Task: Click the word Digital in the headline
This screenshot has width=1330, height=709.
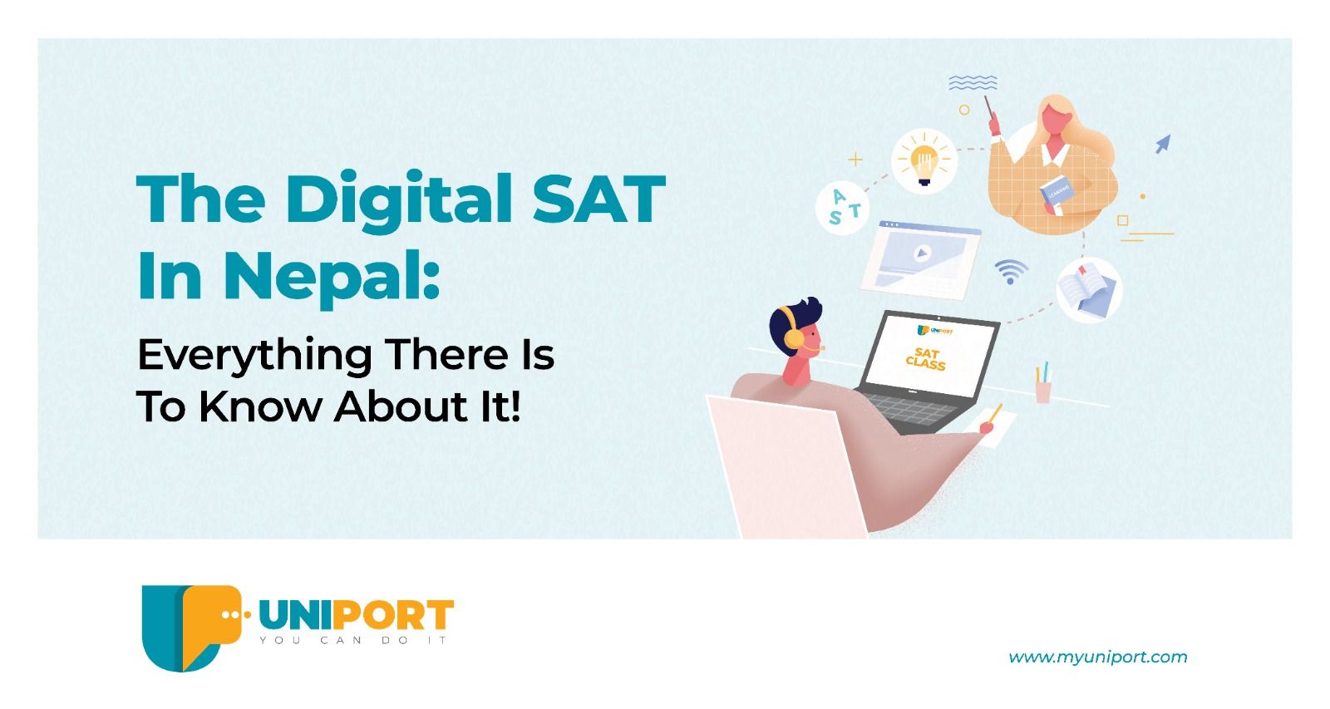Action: [x=398, y=200]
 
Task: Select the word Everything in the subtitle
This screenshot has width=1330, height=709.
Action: [x=254, y=357]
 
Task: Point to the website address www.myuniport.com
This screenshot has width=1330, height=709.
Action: [x=1098, y=657]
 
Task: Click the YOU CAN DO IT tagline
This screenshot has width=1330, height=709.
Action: [x=353, y=640]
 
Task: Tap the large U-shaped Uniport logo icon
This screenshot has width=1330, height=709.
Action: [x=191, y=628]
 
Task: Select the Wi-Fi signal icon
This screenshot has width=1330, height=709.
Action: [x=1011, y=271]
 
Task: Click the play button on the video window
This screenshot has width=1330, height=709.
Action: [x=921, y=254]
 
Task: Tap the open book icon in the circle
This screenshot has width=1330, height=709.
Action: [x=1089, y=290]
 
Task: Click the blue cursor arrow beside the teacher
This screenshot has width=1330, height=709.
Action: [x=1163, y=144]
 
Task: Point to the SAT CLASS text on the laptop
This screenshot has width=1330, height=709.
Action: [x=926, y=359]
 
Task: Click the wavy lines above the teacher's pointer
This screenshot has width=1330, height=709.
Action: [x=973, y=83]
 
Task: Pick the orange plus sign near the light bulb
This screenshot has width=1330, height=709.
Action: [x=855, y=159]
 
